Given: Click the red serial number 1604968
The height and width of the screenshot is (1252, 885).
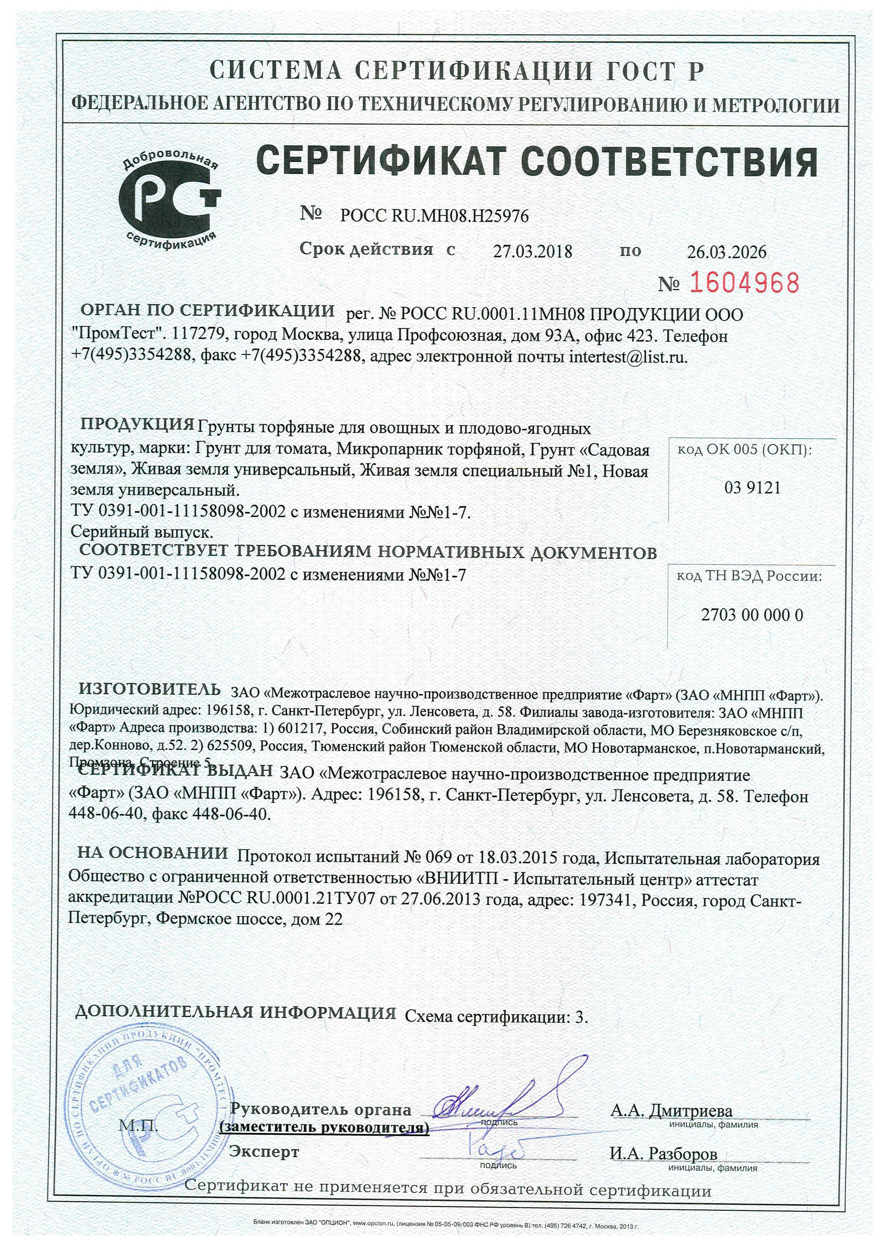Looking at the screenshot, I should click(x=744, y=282).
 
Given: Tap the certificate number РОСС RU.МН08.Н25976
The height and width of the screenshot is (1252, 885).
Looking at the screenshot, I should click(x=434, y=216).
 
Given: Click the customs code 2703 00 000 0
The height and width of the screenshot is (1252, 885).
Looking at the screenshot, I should click(x=752, y=615).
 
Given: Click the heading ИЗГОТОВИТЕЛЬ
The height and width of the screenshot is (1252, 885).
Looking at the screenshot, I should click(x=150, y=689).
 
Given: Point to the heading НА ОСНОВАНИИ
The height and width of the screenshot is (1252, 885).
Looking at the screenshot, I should click(x=153, y=852).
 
